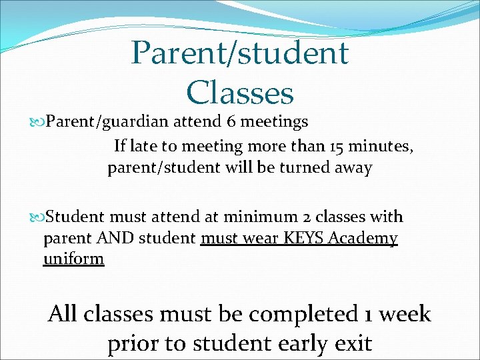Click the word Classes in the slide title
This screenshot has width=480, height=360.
[x=240, y=93]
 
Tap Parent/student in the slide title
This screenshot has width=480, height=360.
[x=240, y=53]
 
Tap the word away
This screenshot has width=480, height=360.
[x=353, y=167]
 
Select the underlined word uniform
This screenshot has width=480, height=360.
[x=73, y=259]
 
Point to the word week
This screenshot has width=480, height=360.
[x=403, y=313]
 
